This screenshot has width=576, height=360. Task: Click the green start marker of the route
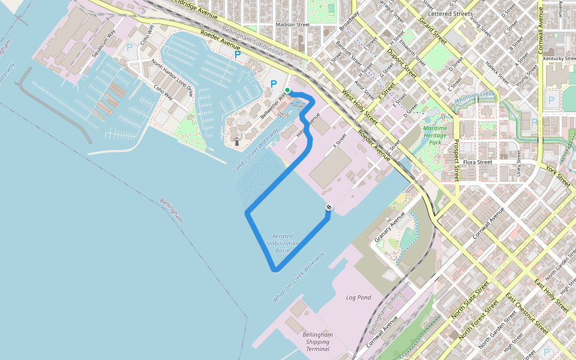point(287,90)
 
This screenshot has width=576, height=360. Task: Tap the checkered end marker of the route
point(328,207)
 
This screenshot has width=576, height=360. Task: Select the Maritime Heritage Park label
point(435,135)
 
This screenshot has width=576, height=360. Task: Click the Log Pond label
point(359,298)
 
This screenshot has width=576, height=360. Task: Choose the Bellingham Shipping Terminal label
point(317,341)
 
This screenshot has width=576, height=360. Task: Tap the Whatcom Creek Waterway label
point(298,277)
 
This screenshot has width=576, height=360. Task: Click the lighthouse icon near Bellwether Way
point(236,142)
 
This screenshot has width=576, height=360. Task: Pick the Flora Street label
point(477,162)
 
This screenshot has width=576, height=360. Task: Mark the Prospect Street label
point(456,160)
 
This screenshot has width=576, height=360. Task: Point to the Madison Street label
point(292,25)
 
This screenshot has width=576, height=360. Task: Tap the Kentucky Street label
point(559,58)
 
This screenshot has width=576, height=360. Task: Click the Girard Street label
point(432,30)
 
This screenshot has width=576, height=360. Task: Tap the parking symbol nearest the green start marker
point(274,85)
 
